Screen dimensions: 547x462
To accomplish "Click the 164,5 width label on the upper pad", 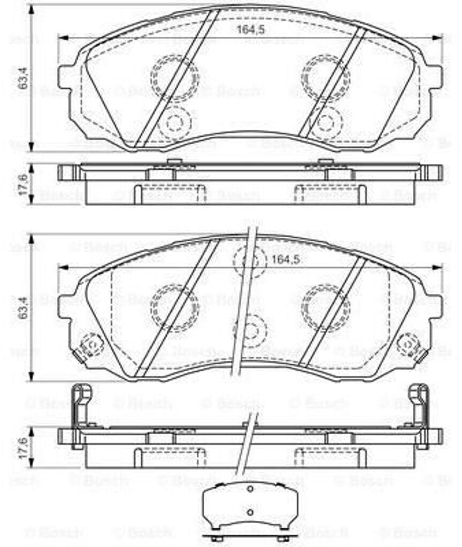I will tap(250, 30).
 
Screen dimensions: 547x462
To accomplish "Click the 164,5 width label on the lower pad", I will tap(284, 260).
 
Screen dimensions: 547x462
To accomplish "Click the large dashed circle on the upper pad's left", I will tap(174, 79).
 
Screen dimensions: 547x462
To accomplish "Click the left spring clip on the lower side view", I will tap(80, 414).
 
